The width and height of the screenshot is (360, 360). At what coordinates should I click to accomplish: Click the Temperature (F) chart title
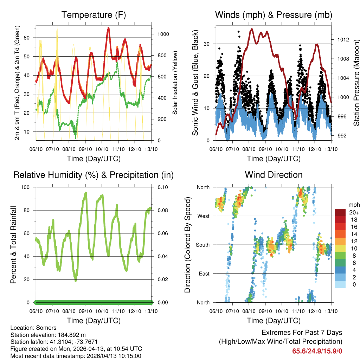pyautogui.click(x=94, y=15)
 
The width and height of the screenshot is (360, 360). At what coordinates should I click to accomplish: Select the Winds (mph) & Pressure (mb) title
pyautogui.click(x=274, y=15)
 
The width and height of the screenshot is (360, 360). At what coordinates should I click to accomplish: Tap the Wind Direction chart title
pyautogui.click(x=274, y=175)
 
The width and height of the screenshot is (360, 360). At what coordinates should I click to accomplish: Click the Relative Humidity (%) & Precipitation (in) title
pyautogui.click(x=94, y=175)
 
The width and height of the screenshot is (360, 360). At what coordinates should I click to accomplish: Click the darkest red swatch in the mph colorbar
pyautogui.click(x=340, y=212)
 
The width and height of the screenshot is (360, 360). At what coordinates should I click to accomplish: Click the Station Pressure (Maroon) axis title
pyautogui.click(x=356, y=83)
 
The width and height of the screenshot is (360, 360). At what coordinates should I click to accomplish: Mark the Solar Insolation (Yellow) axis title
pyautogui.click(x=175, y=83)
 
